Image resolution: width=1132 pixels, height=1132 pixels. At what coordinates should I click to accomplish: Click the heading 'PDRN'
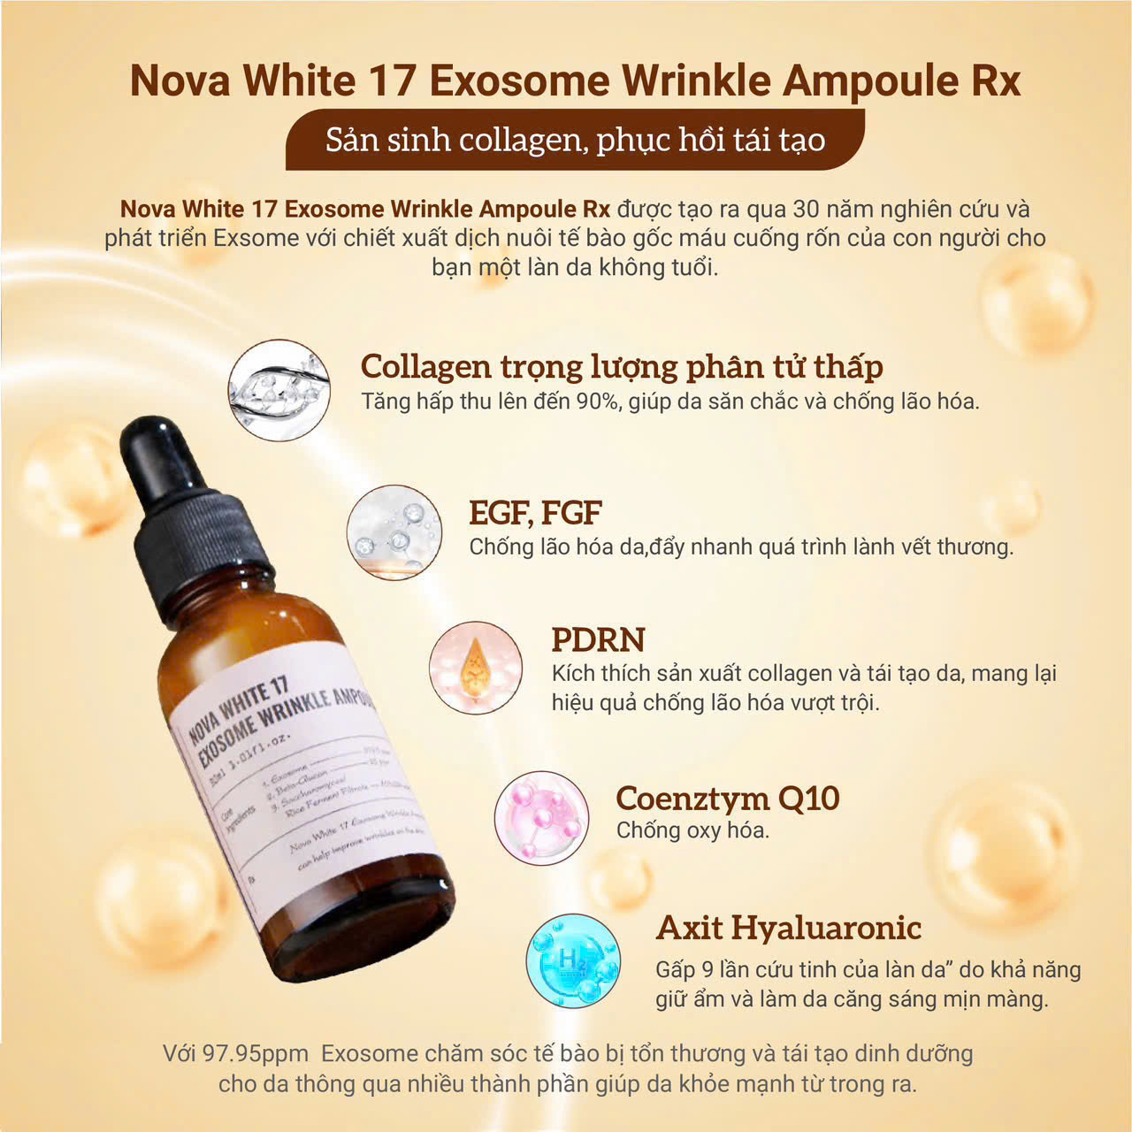click(x=598, y=639)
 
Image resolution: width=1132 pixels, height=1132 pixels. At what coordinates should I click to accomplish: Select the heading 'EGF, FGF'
click(x=535, y=513)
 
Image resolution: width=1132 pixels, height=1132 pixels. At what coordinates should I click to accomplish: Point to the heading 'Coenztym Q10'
click(x=727, y=798)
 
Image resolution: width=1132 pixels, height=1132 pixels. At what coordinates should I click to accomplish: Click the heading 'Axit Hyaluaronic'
click(x=788, y=928)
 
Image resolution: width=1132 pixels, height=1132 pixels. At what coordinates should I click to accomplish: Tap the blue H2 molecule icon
click(x=573, y=961)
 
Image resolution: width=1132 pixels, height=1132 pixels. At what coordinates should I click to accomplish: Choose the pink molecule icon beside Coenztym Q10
click(x=541, y=818)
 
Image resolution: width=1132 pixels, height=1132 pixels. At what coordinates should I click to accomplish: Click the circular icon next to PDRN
click(x=476, y=667)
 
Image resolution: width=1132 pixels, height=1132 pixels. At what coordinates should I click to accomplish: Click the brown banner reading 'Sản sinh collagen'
click(x=575, y=140)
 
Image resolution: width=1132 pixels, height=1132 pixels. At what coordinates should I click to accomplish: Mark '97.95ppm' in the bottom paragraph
click(x=256, y=1054)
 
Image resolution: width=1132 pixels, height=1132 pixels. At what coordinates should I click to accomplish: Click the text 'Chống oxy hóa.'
click(x=692, y=830)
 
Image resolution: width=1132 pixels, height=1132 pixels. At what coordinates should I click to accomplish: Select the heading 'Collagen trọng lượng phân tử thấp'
click(x=622, y=366)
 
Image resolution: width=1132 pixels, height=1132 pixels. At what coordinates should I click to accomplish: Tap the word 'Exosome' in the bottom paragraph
click(x=370, y=1054)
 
